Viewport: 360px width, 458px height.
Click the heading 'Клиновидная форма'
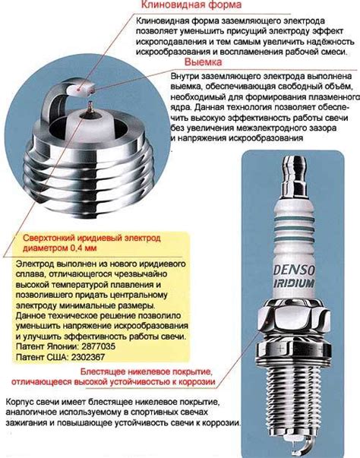click(x=191, y=5)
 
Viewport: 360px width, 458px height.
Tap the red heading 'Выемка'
click(x=204, y=62)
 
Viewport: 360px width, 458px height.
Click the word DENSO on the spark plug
click(x=294, y=270)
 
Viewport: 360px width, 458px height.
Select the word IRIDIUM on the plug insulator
click(x=294, y=283)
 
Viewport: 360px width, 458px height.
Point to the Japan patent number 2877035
click(x=99, y=346)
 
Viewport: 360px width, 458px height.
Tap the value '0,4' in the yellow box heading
click(x=77, y=248)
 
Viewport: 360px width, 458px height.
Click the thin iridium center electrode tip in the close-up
click(x=90, y=105)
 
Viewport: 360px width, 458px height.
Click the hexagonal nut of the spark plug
click(x=295, y=317)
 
